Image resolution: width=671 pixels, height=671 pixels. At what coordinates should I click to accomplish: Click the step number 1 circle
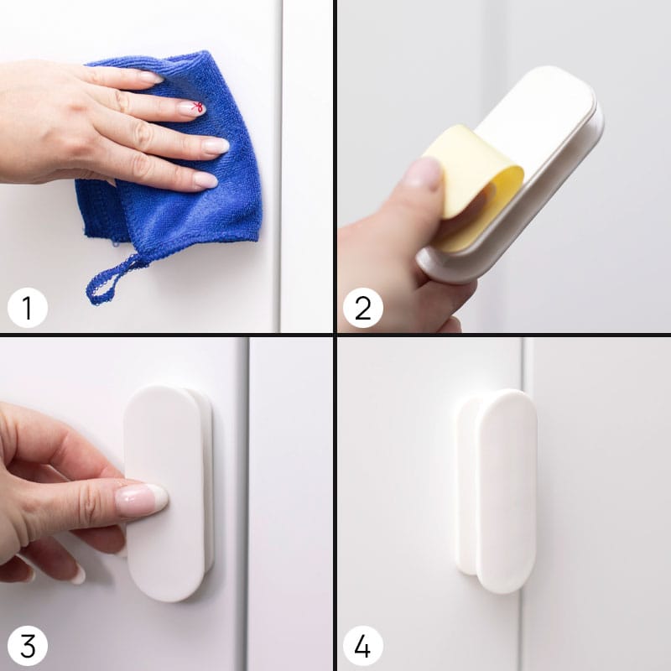point(28,308)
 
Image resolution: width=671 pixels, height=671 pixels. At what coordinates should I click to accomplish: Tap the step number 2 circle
point(363,308)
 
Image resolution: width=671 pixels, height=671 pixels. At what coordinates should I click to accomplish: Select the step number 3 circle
point(28,646)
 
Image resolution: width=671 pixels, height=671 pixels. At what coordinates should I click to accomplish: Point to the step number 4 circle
point(363,646)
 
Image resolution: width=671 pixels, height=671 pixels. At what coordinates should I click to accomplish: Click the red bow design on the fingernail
point(197,107)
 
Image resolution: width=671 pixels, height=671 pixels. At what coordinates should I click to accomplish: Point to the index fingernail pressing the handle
point(142,499)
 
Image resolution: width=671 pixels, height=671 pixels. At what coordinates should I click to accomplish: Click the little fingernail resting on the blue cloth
point(205,179)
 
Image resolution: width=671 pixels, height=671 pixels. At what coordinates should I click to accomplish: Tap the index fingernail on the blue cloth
point(151,77)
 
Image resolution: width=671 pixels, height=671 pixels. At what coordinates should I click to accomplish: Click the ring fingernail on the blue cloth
point(216,146)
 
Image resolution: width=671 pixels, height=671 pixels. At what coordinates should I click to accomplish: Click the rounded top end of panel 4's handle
point(507,400)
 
